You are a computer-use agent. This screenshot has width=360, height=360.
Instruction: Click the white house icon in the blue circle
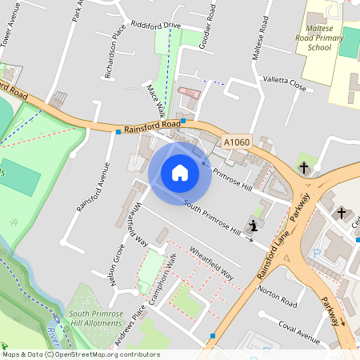coord(180,172)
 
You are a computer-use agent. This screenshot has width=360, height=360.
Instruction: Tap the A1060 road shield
coord(237,142)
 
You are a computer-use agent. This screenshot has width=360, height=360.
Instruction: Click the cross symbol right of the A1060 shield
coord(304,167)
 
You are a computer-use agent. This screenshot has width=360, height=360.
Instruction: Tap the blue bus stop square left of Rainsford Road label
coord(118,131)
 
